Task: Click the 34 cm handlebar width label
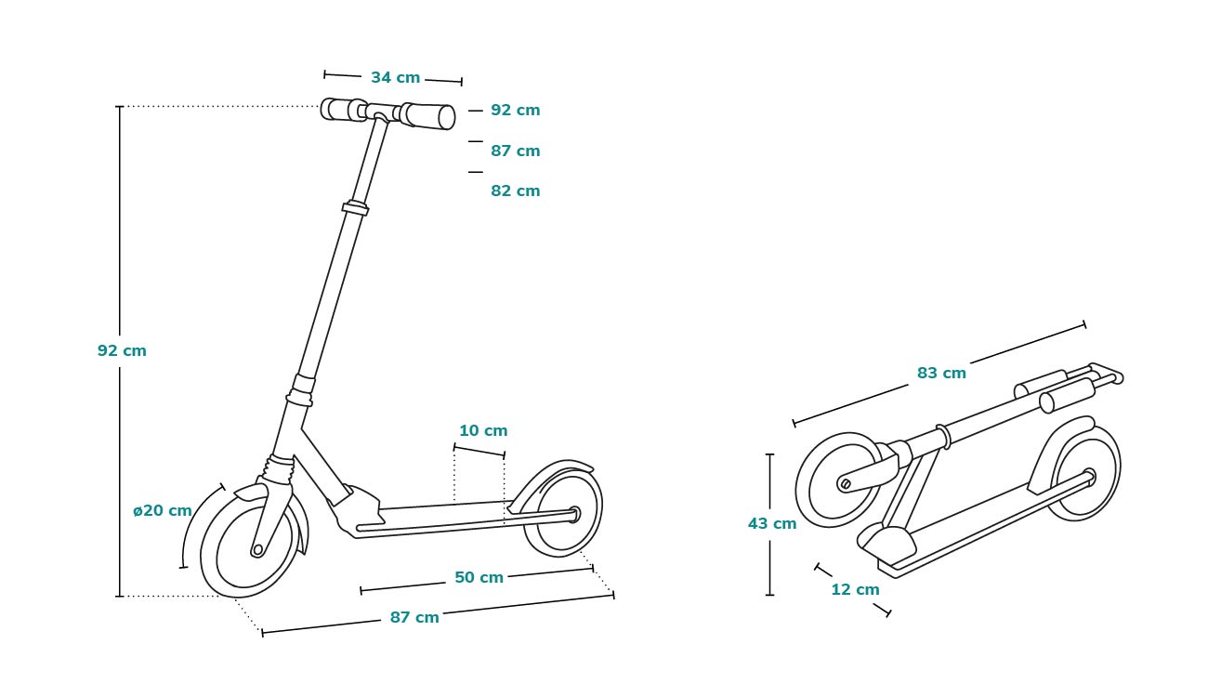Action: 395,78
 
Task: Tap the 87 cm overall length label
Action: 414,618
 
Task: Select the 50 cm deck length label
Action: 479,578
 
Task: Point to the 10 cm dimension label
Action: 483,431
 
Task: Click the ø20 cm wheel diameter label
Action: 163,511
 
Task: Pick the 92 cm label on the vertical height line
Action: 122,351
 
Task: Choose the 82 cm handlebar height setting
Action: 515,191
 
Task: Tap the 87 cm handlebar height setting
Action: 515,151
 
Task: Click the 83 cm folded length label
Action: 941,374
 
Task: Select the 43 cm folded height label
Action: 772,524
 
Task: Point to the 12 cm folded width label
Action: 855,590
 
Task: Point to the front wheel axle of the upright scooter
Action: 257,550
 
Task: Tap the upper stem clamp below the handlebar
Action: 355,208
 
